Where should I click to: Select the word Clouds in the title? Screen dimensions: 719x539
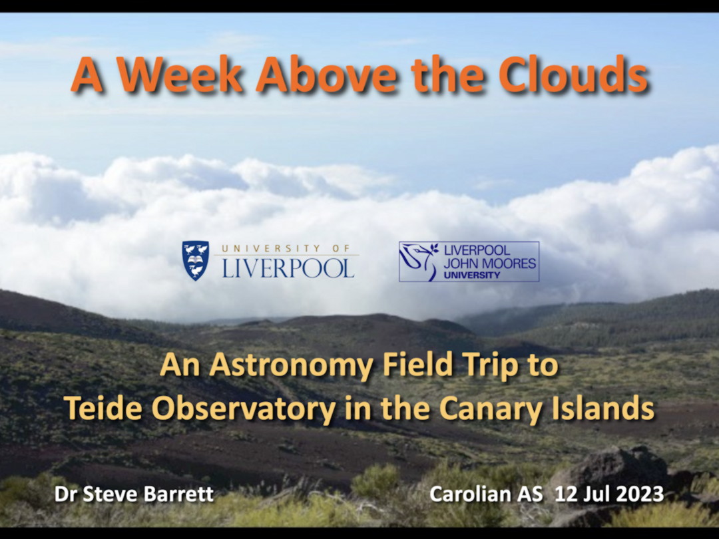click(x=573, y=74)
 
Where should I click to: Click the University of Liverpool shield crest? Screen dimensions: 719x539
click(x=195, y=260)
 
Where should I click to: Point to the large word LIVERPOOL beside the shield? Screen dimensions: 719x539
click(x=288, y=268)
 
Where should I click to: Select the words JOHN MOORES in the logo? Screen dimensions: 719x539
click(x=489, y=264)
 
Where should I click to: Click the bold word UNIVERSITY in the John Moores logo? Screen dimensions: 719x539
click(x=472, y=275)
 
